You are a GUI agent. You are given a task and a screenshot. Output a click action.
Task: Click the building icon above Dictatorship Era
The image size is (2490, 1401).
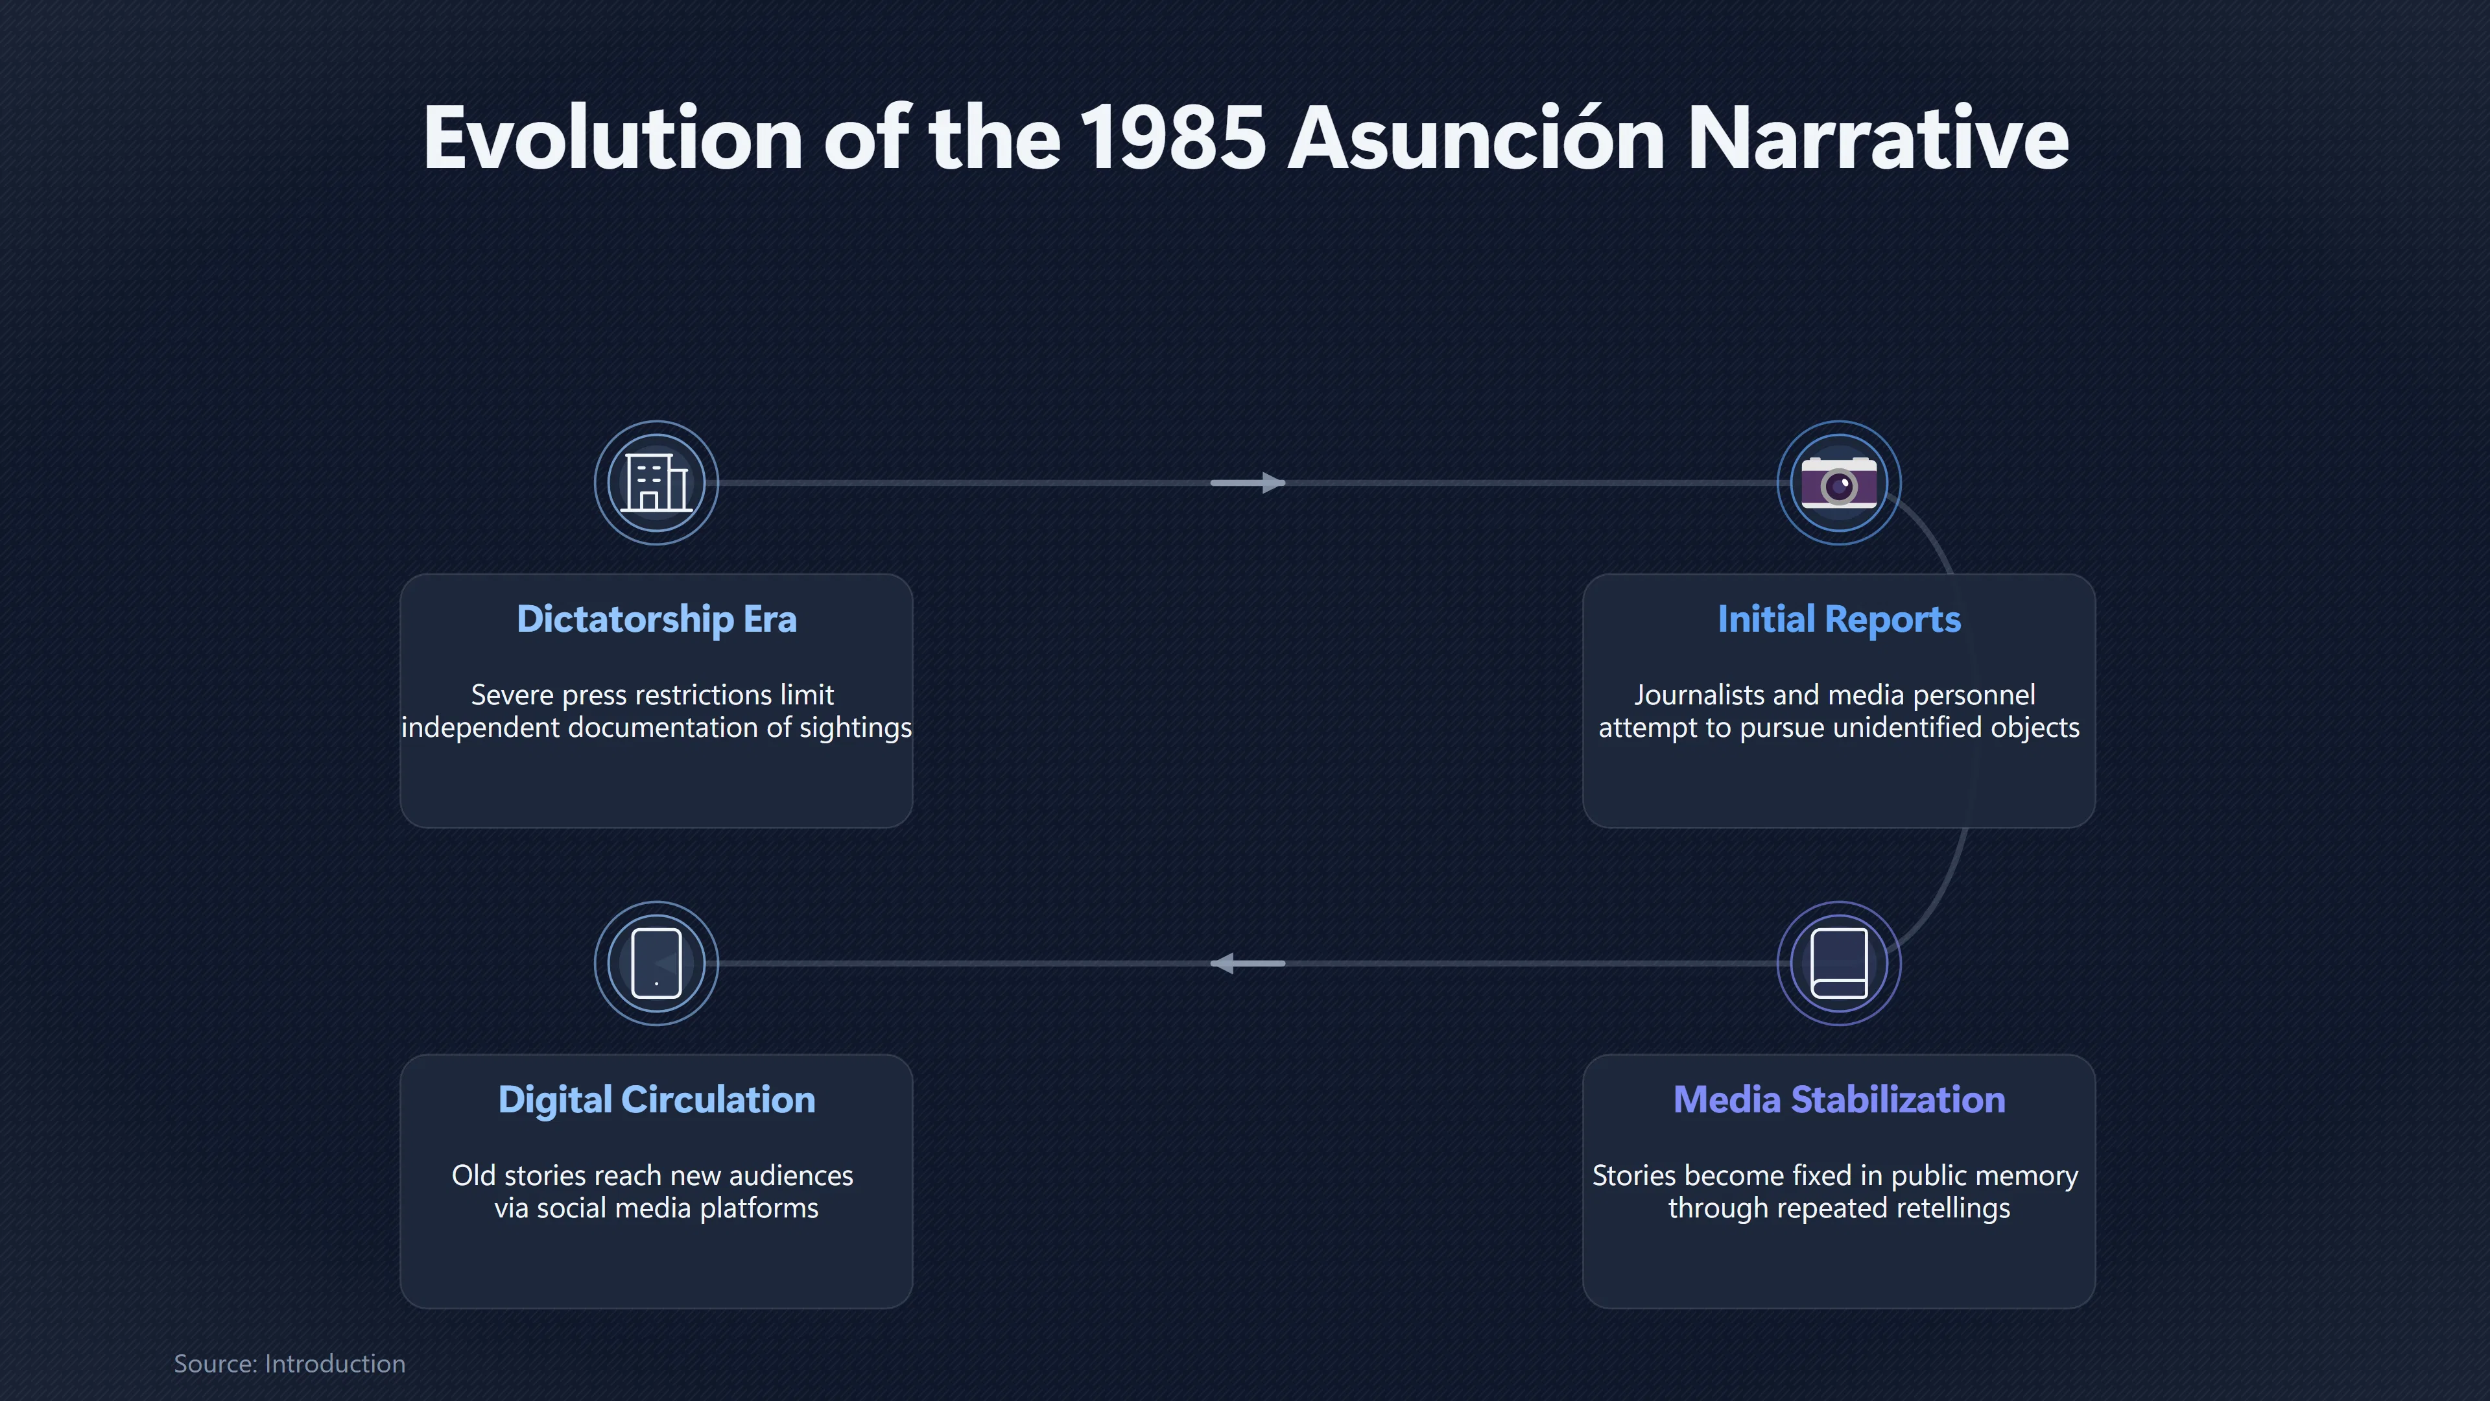click(656, 483)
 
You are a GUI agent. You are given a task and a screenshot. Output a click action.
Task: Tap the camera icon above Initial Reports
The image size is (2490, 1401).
click(1838, 483)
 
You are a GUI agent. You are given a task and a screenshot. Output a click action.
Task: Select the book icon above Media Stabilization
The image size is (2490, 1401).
click(1838, 963)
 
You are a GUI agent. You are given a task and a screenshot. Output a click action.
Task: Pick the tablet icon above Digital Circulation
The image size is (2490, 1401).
click(656, 963)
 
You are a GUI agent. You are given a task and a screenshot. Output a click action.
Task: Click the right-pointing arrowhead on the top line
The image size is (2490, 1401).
click(1273, 483)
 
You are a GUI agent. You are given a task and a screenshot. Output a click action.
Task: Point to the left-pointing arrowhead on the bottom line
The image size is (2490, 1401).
click(1223, 963)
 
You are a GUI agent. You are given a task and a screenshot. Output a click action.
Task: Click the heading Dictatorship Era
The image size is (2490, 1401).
click(656, 619)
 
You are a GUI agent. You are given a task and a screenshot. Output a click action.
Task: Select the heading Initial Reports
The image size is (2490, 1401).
click(1838, 619)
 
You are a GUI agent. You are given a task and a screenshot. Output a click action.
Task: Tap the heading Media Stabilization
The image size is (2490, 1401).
click(1838, 1099)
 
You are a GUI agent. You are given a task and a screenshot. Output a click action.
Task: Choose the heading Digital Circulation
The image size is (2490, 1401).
click(656, 1099)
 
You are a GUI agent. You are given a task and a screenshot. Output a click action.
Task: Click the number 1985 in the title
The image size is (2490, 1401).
click(1172, 138)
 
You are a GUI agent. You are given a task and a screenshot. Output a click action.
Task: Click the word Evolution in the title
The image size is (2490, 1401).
click(613, 138)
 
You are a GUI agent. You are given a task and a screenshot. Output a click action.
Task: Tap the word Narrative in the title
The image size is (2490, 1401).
click(1878, 138)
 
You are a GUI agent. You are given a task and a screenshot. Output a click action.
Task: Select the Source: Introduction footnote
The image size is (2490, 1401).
click(290, 1363)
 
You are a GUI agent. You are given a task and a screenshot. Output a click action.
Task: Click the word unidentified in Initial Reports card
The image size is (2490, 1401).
click(1916, 727)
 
